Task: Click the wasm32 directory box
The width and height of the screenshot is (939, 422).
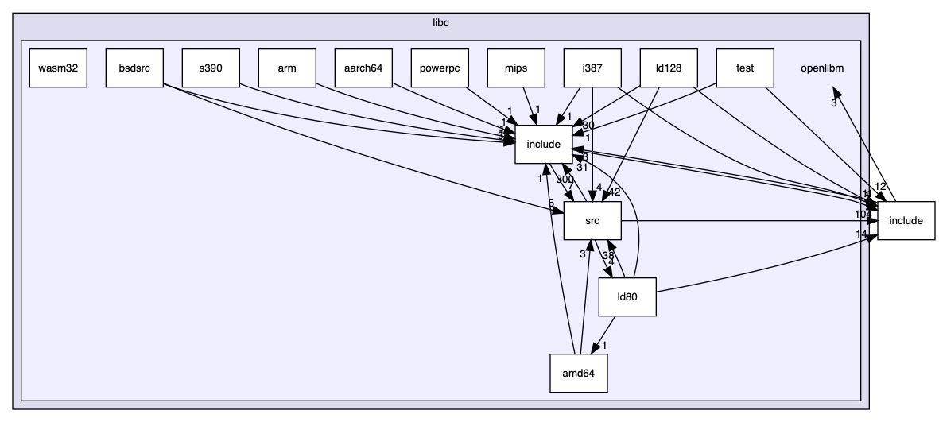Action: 58,68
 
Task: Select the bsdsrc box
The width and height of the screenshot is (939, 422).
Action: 134,68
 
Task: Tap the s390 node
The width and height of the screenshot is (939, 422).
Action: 211,68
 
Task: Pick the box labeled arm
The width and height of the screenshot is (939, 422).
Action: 287,68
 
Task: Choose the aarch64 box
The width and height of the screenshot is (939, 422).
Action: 363,68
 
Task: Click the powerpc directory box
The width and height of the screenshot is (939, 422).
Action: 440,68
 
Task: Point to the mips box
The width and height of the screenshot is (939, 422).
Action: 516,68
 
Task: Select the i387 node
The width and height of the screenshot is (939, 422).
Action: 592,68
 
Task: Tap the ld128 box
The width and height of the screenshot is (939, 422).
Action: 669,68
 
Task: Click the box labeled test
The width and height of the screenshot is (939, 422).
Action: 745,68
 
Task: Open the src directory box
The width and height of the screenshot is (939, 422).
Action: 592,220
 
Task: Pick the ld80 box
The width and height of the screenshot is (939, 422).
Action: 627,297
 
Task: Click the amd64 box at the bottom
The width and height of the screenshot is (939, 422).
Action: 580,373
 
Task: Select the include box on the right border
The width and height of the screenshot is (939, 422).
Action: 906,220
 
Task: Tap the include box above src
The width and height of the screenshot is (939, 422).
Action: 544,144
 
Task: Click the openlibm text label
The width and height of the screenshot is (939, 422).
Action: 822,68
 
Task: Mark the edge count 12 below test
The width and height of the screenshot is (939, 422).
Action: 879,187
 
